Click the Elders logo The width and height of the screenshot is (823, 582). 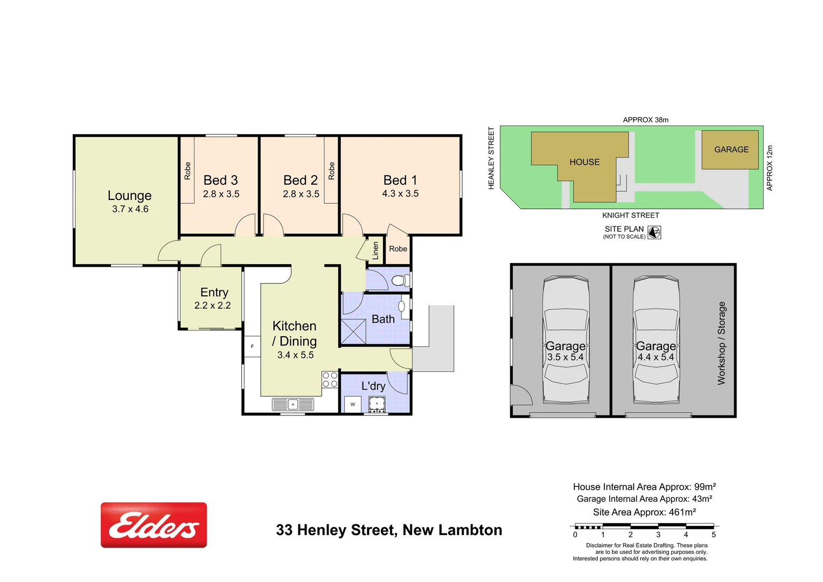(154, 525)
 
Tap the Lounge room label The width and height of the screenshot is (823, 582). (129, 196)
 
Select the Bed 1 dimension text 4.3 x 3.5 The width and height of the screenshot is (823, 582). (400, 193)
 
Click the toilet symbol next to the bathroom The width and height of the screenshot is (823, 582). (400, 280)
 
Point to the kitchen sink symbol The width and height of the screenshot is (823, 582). (293, 404)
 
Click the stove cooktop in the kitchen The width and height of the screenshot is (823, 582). (330, 379)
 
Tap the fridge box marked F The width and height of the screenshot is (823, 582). (252, 347)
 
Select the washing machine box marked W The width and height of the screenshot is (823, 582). (353, 404)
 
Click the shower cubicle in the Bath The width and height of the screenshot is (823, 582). (353, 331)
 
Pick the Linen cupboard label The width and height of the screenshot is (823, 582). (375, 251)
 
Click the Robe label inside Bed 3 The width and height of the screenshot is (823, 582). (187, 171)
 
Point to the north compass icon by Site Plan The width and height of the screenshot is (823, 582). (654, 232)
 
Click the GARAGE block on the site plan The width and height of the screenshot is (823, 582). (731, 150)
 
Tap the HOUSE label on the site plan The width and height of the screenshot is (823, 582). (584, 162)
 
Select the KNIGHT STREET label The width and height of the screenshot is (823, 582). (630, 215)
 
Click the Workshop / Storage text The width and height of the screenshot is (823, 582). (722, 343)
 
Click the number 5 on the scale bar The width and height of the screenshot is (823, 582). (714, 535)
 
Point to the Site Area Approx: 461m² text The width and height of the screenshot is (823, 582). (644, 512)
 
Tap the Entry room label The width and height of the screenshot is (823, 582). (214, 293)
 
